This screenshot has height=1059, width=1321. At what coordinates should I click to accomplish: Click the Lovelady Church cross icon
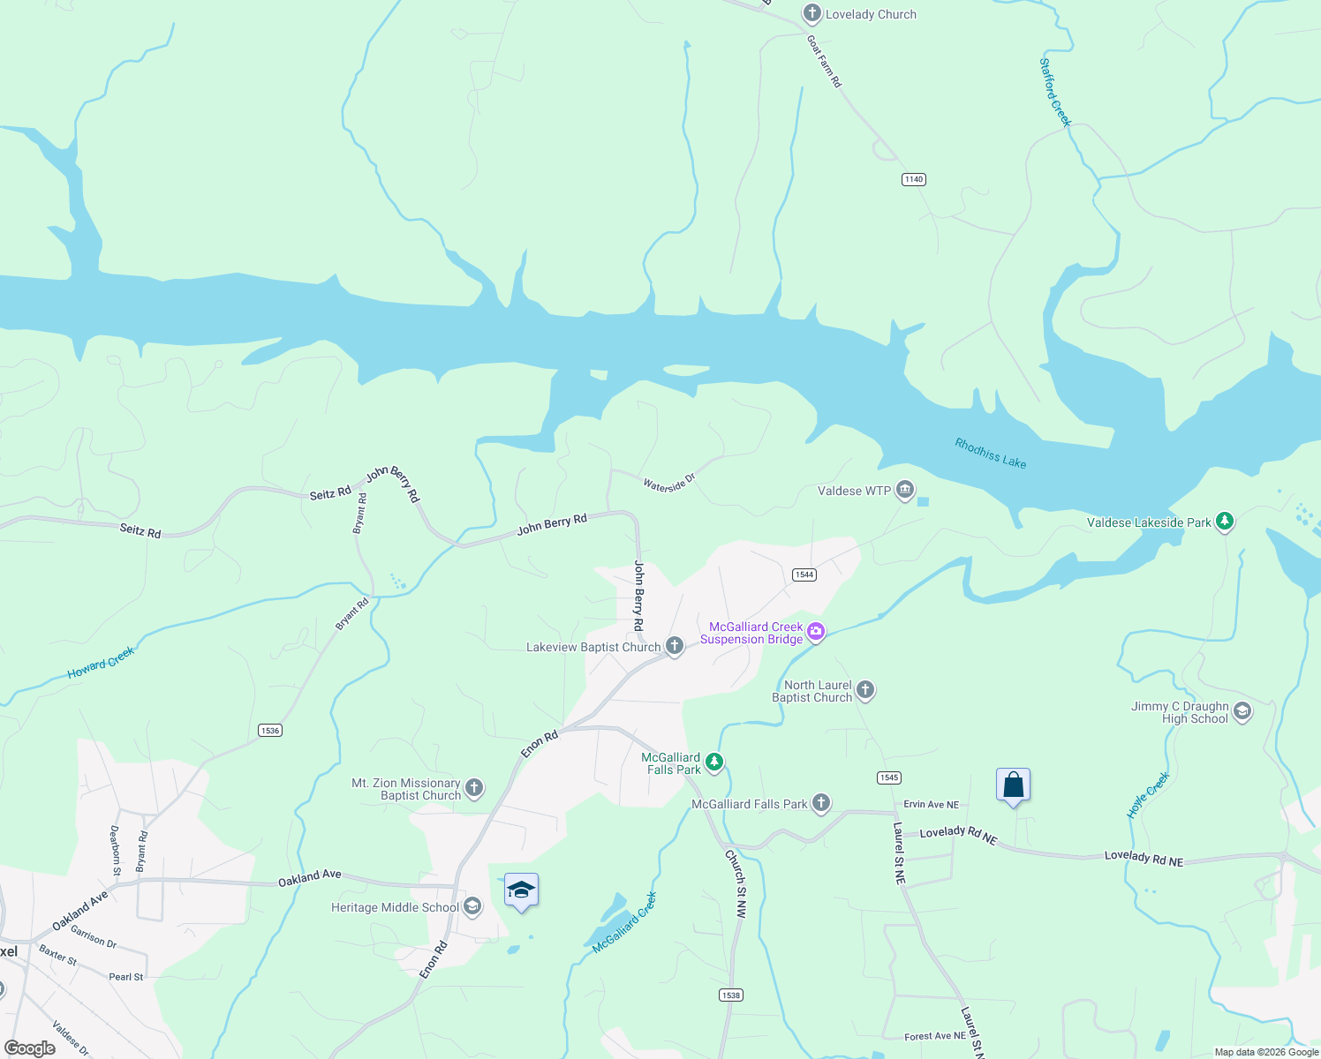[x=811, y=14]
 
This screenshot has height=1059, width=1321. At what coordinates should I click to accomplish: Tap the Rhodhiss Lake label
[x=990, y=454]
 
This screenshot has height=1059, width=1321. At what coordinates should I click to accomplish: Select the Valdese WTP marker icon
[x=904, y=490]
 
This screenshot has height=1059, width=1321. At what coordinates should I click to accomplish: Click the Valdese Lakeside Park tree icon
[x=1224, y=522]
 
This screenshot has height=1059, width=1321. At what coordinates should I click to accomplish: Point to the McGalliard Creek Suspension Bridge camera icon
[x=815, y=632]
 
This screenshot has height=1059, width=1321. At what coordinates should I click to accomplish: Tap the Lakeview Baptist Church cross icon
[x=675, y=647]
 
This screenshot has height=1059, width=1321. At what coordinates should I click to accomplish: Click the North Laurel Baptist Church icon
[x=865, y=690]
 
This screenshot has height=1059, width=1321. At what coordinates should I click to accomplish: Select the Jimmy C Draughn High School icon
[x=1242, y=711]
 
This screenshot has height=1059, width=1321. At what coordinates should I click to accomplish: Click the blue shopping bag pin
[x=1013, y=785]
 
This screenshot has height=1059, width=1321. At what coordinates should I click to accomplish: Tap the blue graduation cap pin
[x=521, y=890]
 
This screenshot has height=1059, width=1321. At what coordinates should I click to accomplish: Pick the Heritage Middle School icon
[x=472, y=906]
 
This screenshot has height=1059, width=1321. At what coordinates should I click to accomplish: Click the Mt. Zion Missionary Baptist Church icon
[x=474, y=788]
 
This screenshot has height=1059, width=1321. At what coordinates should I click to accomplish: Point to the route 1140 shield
[x=913, y=179]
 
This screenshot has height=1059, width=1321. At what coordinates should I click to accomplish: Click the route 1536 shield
[x=270, y=730]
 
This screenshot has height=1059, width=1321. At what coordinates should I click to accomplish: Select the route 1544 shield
[x=804, y=575]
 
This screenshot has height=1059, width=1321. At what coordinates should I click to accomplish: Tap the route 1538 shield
[x=730, y=995]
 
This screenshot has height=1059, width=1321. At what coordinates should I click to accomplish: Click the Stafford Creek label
[x=1054, y=92]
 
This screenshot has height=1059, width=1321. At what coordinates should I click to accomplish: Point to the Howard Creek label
[x=101, y=663]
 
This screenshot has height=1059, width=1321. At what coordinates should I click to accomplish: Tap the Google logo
[x=30, y=1048]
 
